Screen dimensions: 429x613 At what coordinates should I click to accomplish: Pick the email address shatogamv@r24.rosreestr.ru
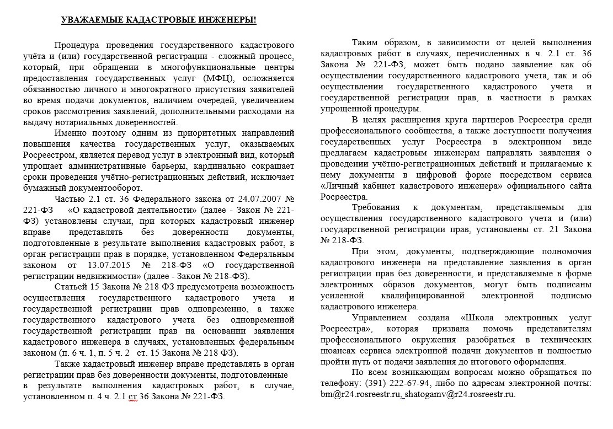pos(460,394)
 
